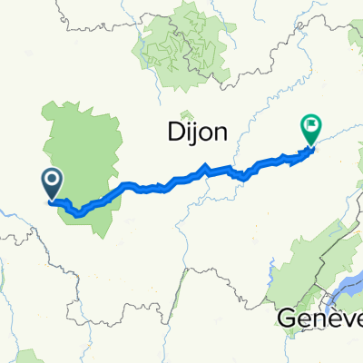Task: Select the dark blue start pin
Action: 52,184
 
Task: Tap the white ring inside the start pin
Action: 52,181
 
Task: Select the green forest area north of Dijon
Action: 181,54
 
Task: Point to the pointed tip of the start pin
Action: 52,200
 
